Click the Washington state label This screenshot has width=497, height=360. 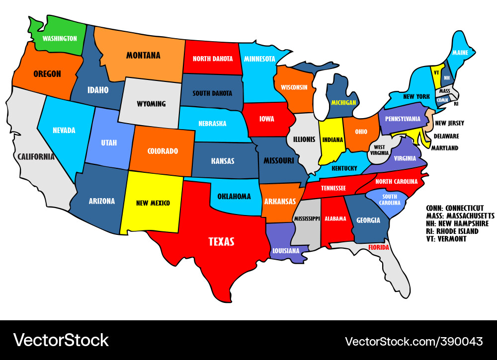(60, 38)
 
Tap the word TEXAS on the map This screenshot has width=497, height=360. (221, 242)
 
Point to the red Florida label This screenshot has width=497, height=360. (378, 247)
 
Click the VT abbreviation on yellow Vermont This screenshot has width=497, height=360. (436, 72)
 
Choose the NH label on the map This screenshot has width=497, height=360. (447, 78)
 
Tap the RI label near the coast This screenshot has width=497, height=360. (456, 104)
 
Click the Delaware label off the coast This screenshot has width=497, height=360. (446, 136)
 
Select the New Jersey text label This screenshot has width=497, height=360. (449, 123)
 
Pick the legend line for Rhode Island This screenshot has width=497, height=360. (452, 231)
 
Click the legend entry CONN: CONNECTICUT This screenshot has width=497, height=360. (455, 208)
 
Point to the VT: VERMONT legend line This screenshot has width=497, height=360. (446, 239)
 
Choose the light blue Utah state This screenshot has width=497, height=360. (109, 143)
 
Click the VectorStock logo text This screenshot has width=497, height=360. (61, 340)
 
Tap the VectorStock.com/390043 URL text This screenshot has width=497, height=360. (414, 341)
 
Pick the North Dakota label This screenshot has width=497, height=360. (213, 59)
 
